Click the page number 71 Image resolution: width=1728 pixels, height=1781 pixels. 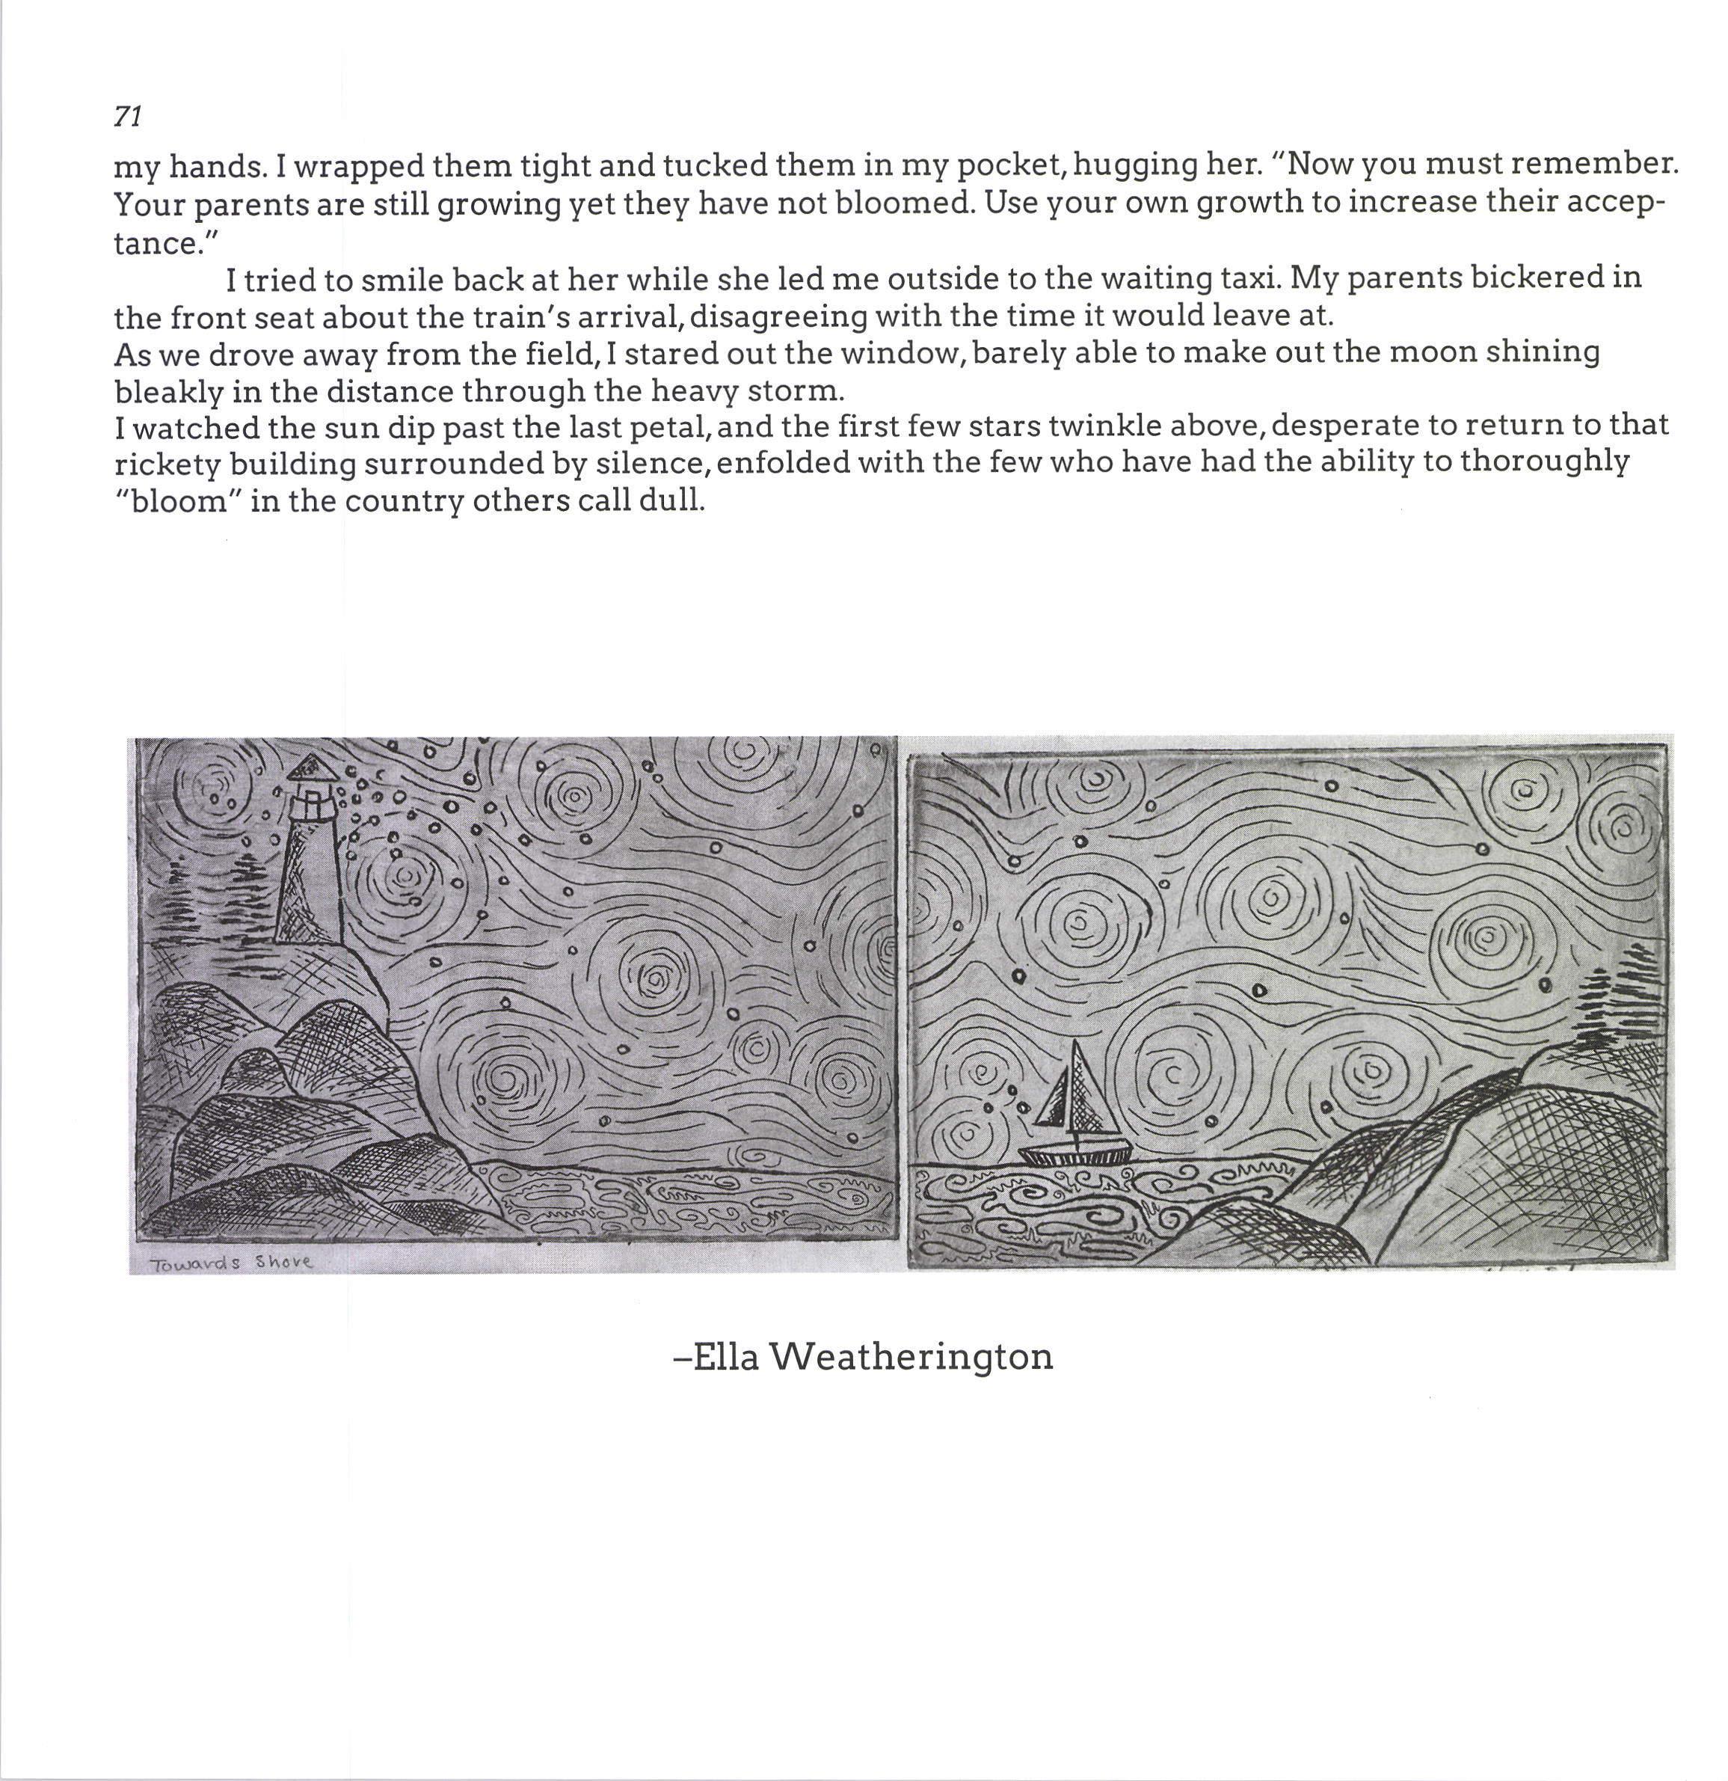(x=127, y=116)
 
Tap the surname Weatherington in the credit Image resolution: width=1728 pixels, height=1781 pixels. (x=911, y=1357)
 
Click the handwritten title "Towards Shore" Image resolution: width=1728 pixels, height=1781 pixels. (x=231, y=1263)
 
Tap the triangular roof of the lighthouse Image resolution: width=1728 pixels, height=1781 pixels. (x=311, y=769)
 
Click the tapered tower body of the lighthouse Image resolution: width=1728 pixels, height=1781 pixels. (x=308, y=881)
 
